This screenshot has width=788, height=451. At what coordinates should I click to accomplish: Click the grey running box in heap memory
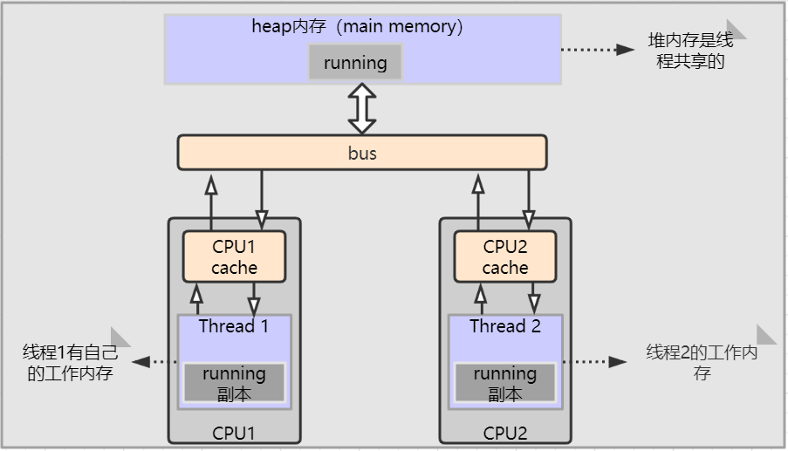click(x=355, y=63)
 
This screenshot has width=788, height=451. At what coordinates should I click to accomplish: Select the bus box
click(x=362, y=153)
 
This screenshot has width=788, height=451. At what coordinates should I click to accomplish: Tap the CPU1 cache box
click(x=234, y=256)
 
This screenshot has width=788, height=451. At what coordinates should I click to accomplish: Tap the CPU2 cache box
click(x=505, y=256)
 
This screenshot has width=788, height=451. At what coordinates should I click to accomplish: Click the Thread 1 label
click(x=234, y=327)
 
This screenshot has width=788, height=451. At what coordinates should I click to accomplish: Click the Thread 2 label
click(x=505, y=327)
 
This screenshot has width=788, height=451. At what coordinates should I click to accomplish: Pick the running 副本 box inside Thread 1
click(x=234, y=383)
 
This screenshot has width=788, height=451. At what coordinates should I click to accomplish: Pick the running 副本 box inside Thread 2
click(x=505, y=383)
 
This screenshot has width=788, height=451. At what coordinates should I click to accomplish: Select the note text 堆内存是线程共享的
click(x=690, y=51)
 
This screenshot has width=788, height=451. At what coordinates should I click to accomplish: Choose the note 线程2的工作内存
click(x=702, y=363)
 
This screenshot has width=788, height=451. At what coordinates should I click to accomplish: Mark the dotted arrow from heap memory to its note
click(x=597, y=50)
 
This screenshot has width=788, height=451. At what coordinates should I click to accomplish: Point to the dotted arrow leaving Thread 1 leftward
click(x=155, y=361)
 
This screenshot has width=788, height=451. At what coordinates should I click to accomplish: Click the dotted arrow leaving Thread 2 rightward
click(x=595, y=361)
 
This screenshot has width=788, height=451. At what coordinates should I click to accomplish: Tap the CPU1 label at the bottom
click(x=234, y=433)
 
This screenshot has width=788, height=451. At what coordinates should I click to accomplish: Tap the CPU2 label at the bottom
click(x=505, y=433)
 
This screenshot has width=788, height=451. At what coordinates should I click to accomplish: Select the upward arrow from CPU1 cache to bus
click(x=210, y=201)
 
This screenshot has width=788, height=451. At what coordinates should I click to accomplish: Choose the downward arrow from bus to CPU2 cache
click(x=529, y=201)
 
